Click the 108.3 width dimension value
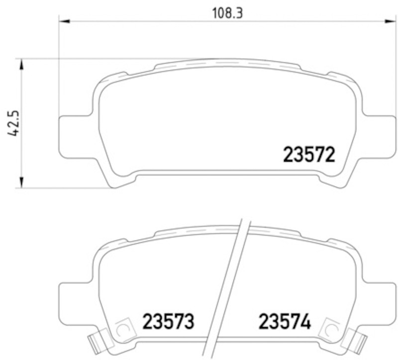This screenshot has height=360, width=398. click(x=227, y=13)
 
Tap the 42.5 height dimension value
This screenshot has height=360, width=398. click(x=13, y=123)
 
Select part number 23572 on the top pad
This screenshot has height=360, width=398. click(x=309, y=155)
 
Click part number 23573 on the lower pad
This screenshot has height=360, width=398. click(x=169, y=321)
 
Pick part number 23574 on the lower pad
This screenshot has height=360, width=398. click(x=285, y=321)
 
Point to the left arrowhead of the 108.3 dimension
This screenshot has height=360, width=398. click(x=64, y=21)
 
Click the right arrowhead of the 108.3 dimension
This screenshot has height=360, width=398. click(x=391, y=21)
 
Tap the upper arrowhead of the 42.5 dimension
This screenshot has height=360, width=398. click(x=22, y=64)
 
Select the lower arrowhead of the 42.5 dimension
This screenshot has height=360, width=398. click(x=22, y=182)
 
